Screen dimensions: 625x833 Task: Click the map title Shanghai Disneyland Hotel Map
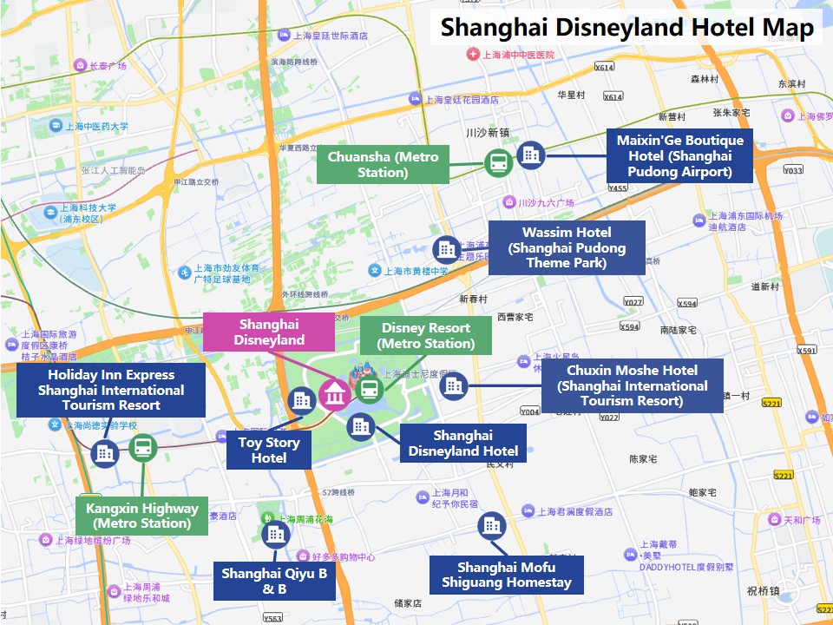click(627, 27)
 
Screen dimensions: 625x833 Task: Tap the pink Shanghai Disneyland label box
click(269, 332)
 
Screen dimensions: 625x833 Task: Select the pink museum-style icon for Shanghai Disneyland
click(334, 395)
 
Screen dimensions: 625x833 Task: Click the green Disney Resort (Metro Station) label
click(425, 336)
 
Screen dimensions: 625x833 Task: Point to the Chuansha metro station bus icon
click(498, 162)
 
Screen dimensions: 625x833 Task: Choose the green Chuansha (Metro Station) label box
click(383, 164)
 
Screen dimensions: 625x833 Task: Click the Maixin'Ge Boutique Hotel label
click(680, 156)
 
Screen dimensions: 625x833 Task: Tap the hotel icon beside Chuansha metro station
click(530, 155)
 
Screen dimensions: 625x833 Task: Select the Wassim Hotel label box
click(567, 247)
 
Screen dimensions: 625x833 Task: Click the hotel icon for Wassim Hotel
click(446, 249)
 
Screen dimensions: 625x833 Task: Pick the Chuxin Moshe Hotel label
click(632, 385)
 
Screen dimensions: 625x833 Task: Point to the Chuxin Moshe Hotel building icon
click(453, 386)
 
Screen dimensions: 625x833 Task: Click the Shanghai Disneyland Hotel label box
click(462, 443)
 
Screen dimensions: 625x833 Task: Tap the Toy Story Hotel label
click(269, 450)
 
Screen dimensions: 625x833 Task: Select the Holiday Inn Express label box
click(111, 390)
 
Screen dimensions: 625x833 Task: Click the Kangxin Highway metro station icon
click(142, 448)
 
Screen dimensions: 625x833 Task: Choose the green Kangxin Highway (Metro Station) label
click(141, 516)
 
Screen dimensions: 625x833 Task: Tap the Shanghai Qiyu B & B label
click(274, 581)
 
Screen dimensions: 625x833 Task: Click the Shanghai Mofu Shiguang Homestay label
click(507, 576)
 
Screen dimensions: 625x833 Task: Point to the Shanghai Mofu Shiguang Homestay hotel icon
click(491, 524)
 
